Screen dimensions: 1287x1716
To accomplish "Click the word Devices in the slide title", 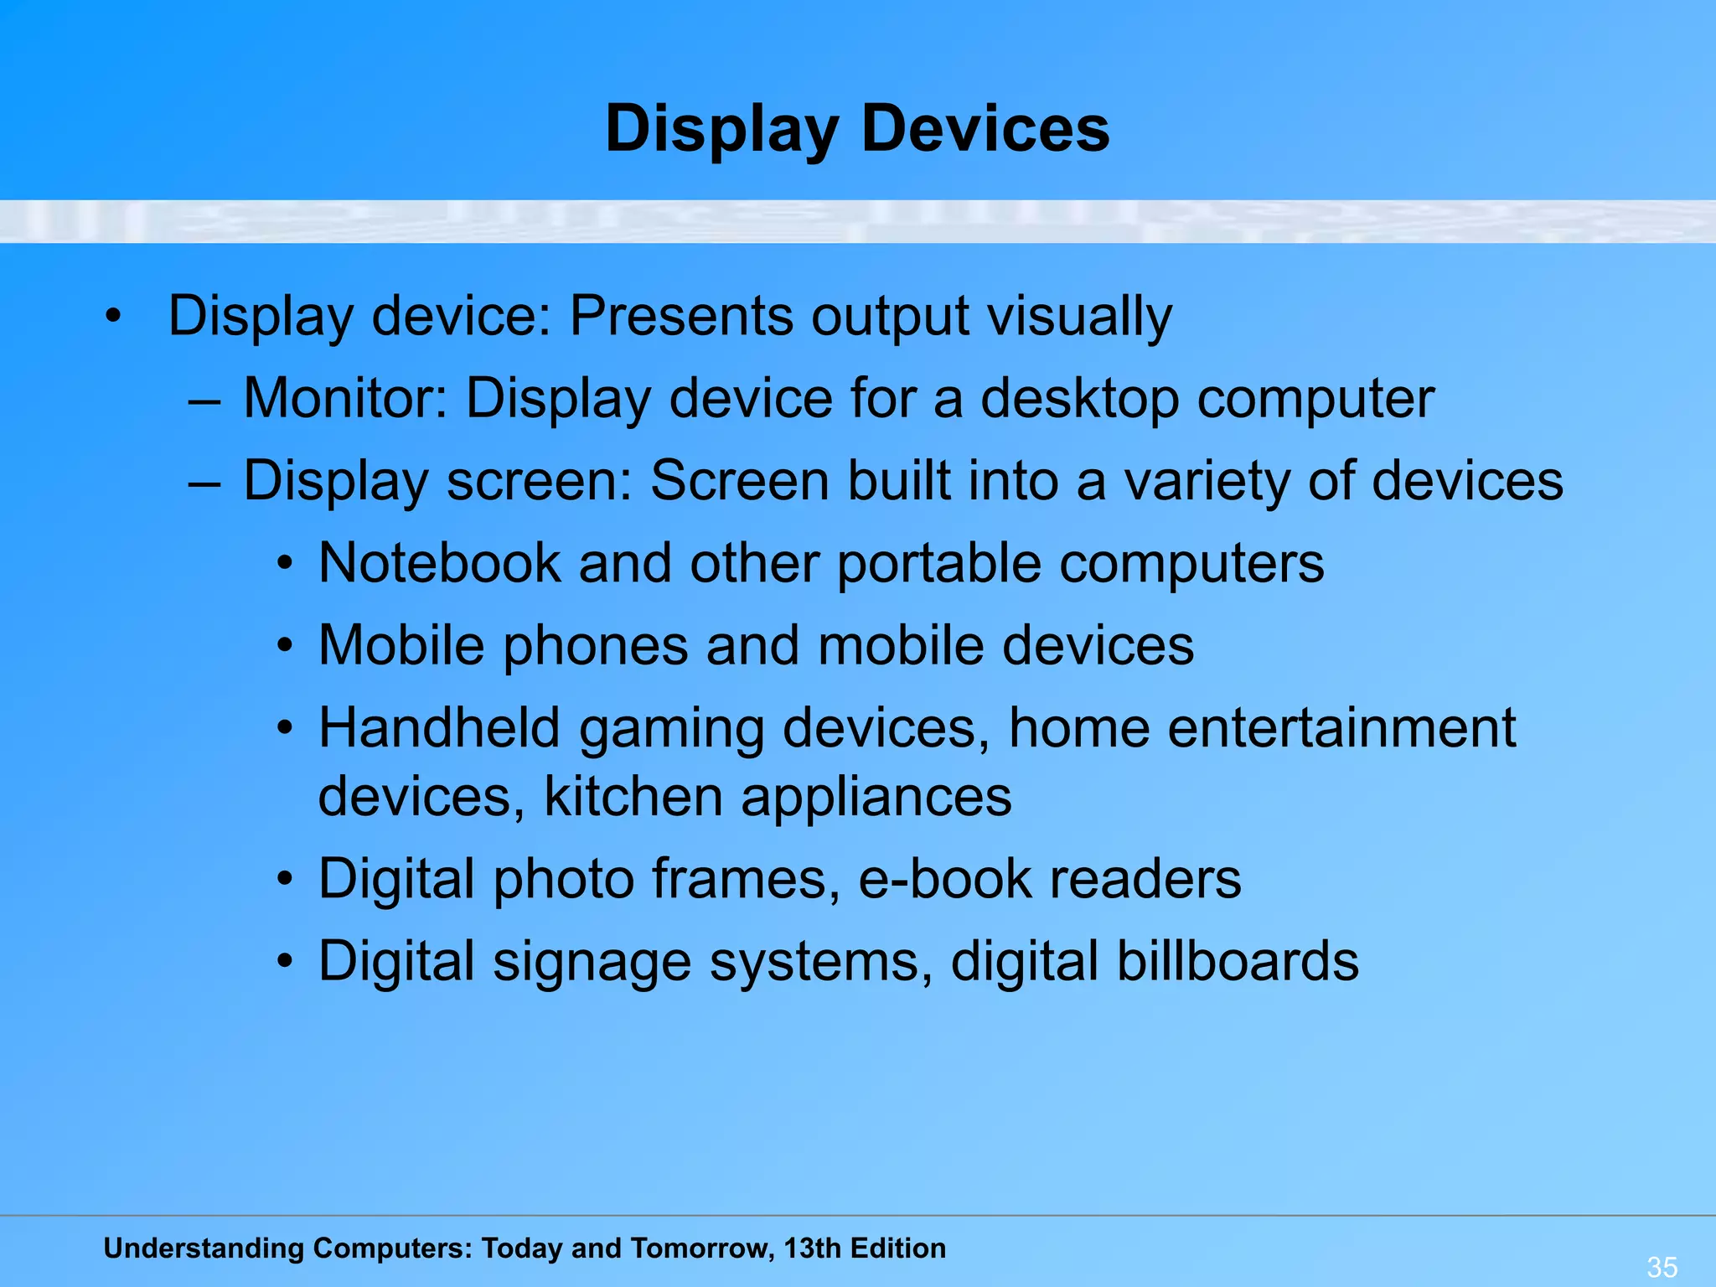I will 985,130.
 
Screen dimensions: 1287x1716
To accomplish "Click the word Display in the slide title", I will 721,130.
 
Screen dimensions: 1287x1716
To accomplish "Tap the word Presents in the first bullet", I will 680,317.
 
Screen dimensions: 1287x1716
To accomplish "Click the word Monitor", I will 345,398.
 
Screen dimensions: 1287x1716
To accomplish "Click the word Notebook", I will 439,563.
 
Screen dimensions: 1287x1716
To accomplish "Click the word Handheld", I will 439,727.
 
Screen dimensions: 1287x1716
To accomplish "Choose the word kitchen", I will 633,796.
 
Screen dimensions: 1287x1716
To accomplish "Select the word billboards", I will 1238,961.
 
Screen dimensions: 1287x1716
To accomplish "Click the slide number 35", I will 1662,1266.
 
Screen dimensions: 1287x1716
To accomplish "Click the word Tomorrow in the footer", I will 701,1248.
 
